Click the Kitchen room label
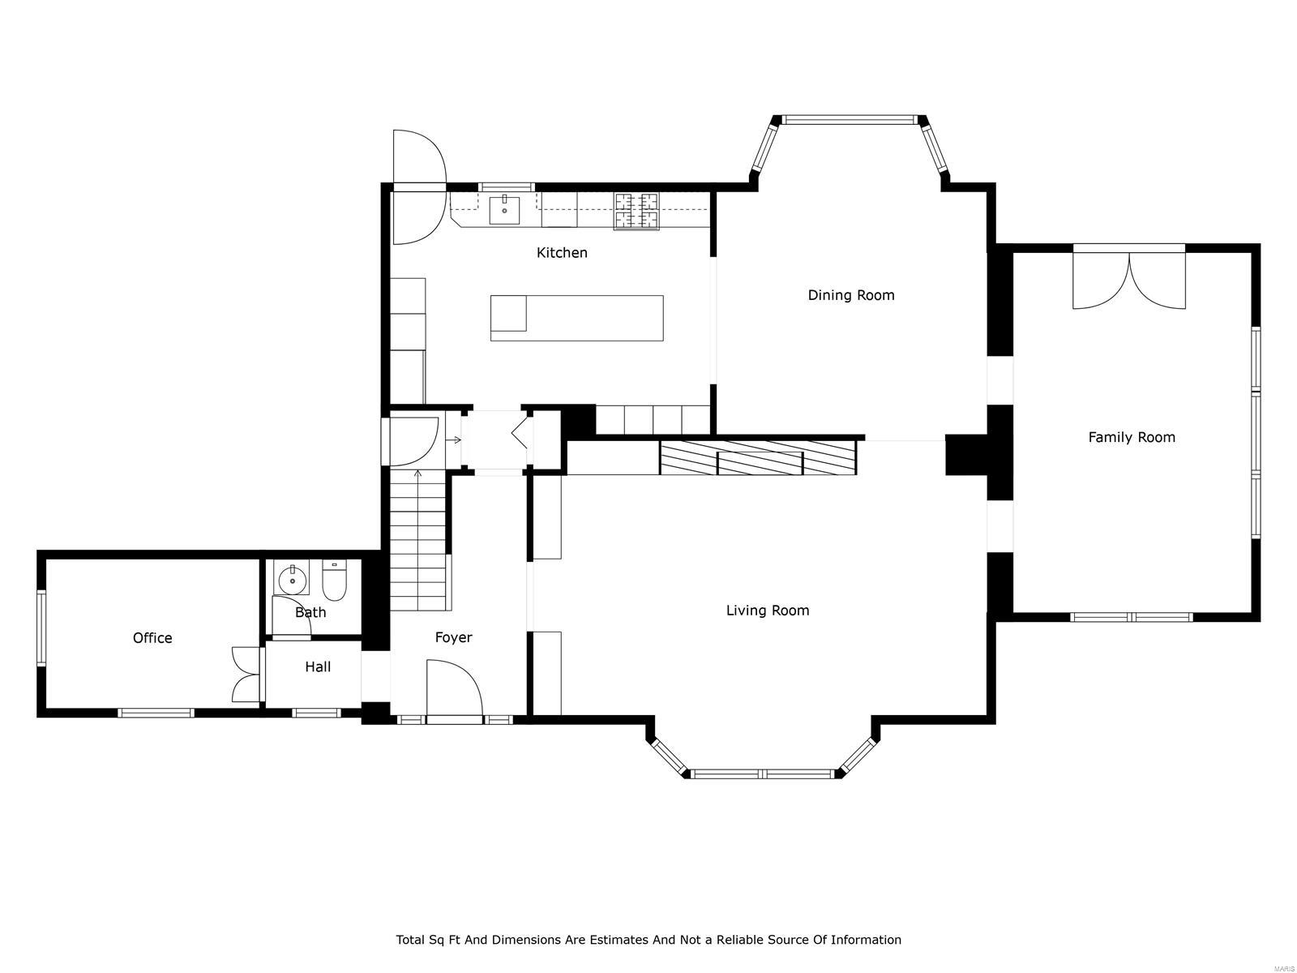[562, 253]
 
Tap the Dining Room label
[851, 295]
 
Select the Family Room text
[1131, 437]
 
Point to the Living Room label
[767, 611]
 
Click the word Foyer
[453, 637]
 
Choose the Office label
[152, 638]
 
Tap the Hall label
[318, 667]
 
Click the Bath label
[310, 612]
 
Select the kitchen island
[576, 318]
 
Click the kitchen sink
[505, 210]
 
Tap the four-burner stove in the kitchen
[636, 211]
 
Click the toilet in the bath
[334, 581]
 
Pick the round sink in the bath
[291, 580]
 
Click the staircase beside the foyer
[418, 539]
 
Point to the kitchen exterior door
[419, 187]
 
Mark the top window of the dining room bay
[848, 120]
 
